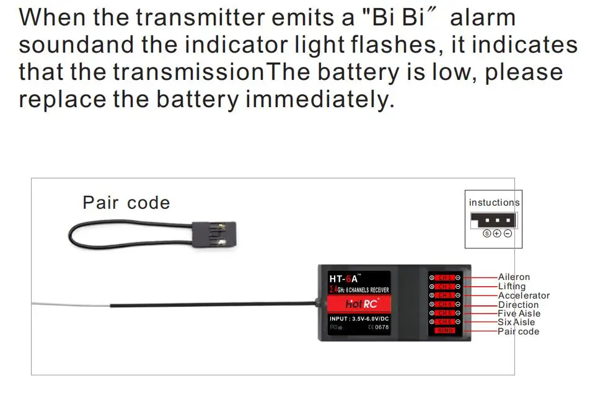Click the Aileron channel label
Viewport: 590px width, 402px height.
(514, 277)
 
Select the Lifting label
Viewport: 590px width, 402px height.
(511, 286)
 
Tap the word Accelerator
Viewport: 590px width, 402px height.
(524, 295)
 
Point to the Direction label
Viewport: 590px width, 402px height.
(518, 305)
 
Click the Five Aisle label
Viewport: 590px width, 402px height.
(519, 313)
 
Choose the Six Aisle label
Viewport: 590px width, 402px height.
(516, 322)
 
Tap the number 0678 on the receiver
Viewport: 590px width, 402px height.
(382, 327)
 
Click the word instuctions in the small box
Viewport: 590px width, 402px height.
(494, 203)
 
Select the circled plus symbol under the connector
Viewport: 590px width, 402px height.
(496, 234)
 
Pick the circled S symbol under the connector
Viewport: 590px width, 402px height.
(487, 234)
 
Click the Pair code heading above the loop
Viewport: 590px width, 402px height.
(126, 203)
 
